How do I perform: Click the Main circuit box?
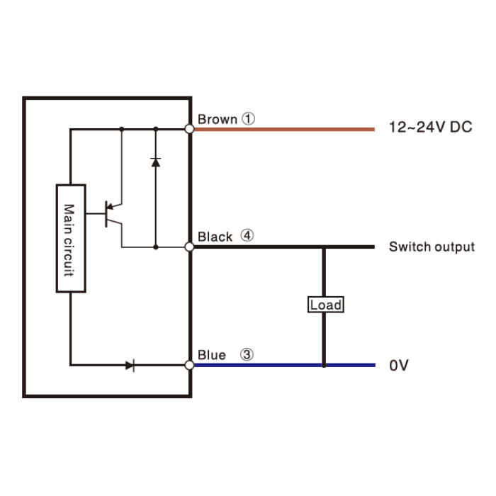click(71, 238)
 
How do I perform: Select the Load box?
click(326, 305)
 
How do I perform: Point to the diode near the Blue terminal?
click(130, 366)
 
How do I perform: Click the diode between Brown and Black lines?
click(156, 162)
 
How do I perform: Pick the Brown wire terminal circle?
click(189, 129)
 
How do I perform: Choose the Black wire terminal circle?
click(189, 247)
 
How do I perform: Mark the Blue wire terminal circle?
click(189, 365)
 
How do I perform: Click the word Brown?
click(218, 119)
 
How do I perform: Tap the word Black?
click(215, 237)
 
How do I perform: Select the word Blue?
click(212, 355)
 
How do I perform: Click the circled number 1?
click(248, 118)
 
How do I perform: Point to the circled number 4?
click(247, 235)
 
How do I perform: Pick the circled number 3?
click(247, 354)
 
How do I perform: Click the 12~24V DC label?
click(431, 127)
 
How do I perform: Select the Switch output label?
click(432, 247)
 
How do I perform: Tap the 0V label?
click(399, 365)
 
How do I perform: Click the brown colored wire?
click(284, 129)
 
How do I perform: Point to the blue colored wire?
click(285, 365)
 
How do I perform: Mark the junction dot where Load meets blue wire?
click(324, 366)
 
